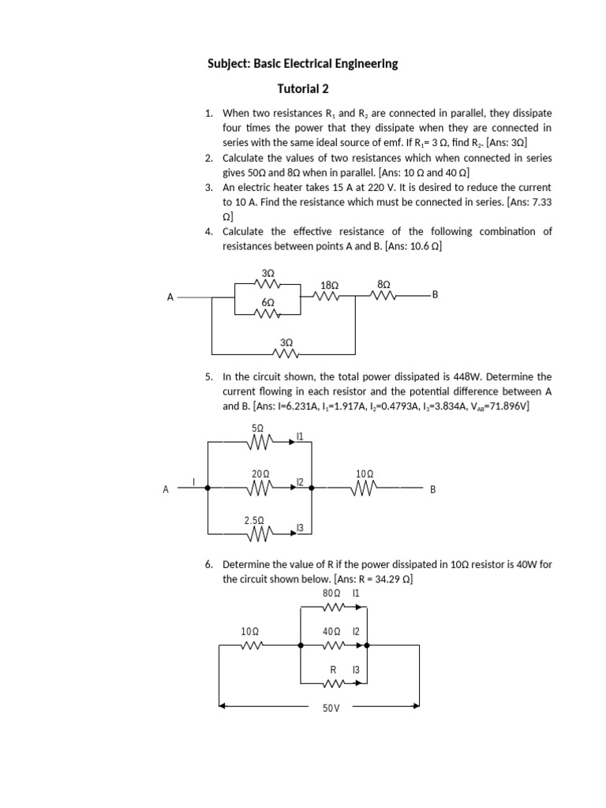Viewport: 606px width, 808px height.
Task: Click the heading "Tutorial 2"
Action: tap(302, 89)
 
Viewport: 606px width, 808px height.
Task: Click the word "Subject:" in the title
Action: tap(229, 63)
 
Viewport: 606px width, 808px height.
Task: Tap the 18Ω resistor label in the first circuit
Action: tap(330, 285)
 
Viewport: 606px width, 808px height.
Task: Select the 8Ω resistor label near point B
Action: tap(383, 283)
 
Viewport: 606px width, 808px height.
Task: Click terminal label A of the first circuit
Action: tap(170, 297)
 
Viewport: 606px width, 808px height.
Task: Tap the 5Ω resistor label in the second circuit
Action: tap(256, 428)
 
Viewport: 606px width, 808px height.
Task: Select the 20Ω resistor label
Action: tap(260, 473)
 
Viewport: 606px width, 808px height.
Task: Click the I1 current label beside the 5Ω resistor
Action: tap(300, 436)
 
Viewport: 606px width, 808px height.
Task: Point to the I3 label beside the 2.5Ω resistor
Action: tap(300, 527)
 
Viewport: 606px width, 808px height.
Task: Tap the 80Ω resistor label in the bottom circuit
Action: tap(331, 592)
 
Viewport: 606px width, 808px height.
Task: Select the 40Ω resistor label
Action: tap(331, 631)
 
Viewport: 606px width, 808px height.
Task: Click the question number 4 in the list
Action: tap(208, 231)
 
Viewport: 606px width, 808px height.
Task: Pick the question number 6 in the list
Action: tap(208, 565)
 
